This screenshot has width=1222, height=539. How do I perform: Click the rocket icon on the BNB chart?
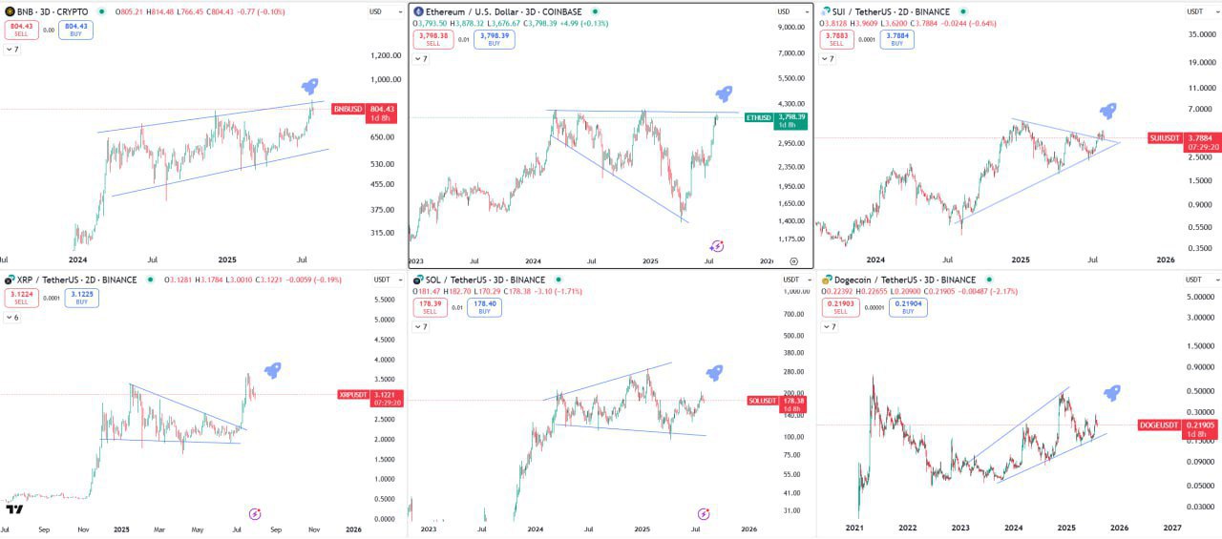click(309, 87)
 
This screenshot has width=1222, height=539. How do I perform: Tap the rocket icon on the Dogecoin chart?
click(1111, 392)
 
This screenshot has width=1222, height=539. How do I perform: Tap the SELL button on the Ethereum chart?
click(432, 39)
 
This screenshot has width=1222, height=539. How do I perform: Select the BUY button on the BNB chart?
click(75, 30)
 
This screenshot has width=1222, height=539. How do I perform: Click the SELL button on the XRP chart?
click(22, 298)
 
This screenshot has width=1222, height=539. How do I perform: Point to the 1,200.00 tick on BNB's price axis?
click(385, 55)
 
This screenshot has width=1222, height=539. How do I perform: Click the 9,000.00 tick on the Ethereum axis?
click(793, 28)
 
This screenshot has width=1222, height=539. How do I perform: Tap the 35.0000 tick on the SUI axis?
click(1199, 34)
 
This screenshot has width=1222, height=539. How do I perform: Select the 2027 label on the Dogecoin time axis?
click(1171, 528)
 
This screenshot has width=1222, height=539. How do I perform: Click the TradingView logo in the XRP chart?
click(14, 509)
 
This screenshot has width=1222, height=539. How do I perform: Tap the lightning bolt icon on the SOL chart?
click(704, 513)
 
